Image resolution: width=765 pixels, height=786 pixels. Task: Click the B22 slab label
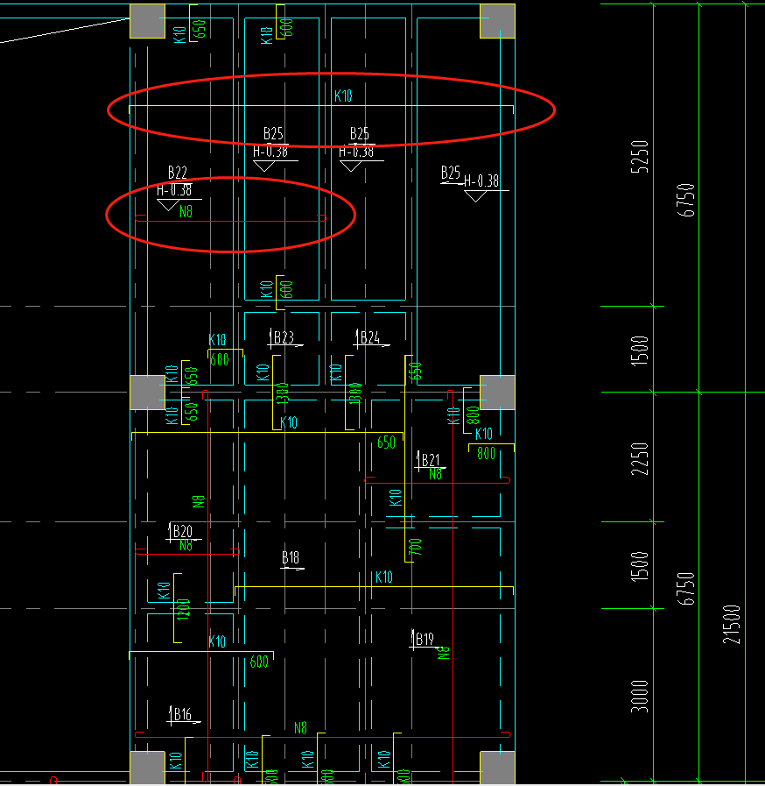point(177,173)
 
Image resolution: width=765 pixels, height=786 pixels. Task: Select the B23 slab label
point(284,338)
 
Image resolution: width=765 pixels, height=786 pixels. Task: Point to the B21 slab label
point(431,460)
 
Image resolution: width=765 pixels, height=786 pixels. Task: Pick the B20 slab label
point(182,531)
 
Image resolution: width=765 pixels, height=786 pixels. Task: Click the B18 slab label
point(291,558)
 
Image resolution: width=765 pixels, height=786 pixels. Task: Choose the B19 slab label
point(425,640)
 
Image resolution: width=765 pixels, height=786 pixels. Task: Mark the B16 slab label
point(181,715)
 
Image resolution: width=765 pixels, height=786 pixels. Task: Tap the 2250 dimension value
point(641,458)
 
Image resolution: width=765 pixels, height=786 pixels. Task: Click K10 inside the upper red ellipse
point(343,96)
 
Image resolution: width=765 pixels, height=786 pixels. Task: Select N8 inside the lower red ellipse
point(186,211)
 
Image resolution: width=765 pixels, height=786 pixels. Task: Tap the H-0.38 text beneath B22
point(174,190)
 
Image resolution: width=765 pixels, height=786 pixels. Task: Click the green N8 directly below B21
point(435,474)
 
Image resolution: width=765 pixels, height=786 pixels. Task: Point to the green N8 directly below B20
point(186,546)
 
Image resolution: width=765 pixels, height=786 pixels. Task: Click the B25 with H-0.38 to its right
point(451,173)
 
